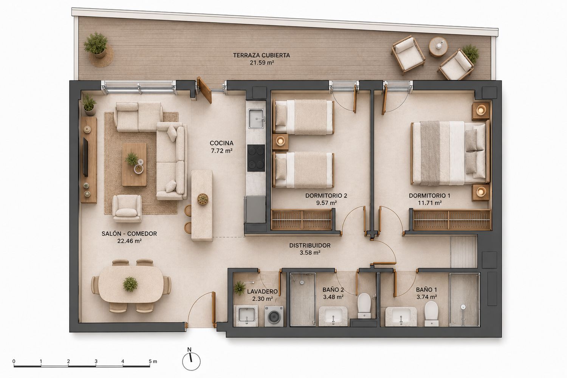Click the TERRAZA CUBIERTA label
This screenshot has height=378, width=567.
(262, 55)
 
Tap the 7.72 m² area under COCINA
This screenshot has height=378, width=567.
(222, 151)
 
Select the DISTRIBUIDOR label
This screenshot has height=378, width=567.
(310, 245)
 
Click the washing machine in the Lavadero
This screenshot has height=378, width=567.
(274, 316)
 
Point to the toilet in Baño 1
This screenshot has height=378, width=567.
(431, 313)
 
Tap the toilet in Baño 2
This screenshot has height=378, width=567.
(364, 305)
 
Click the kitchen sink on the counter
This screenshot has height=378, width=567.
(256, 118)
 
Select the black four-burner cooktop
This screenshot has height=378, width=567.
(256, 158)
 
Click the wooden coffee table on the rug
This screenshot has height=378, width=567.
(134, 164)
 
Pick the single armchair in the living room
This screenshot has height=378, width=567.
(127, 208)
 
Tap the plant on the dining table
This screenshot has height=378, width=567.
(130, 284)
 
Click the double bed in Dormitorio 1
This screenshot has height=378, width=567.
(450, 153)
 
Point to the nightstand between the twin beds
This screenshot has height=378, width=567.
(280, 142)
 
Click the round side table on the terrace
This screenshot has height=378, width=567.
(438, 47)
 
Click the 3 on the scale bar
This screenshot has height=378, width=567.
(96, 361)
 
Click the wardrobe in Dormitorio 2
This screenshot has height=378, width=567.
(302, 220)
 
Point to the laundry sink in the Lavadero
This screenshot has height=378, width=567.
(247, 316)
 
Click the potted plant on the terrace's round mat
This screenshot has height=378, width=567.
(96, 45)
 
